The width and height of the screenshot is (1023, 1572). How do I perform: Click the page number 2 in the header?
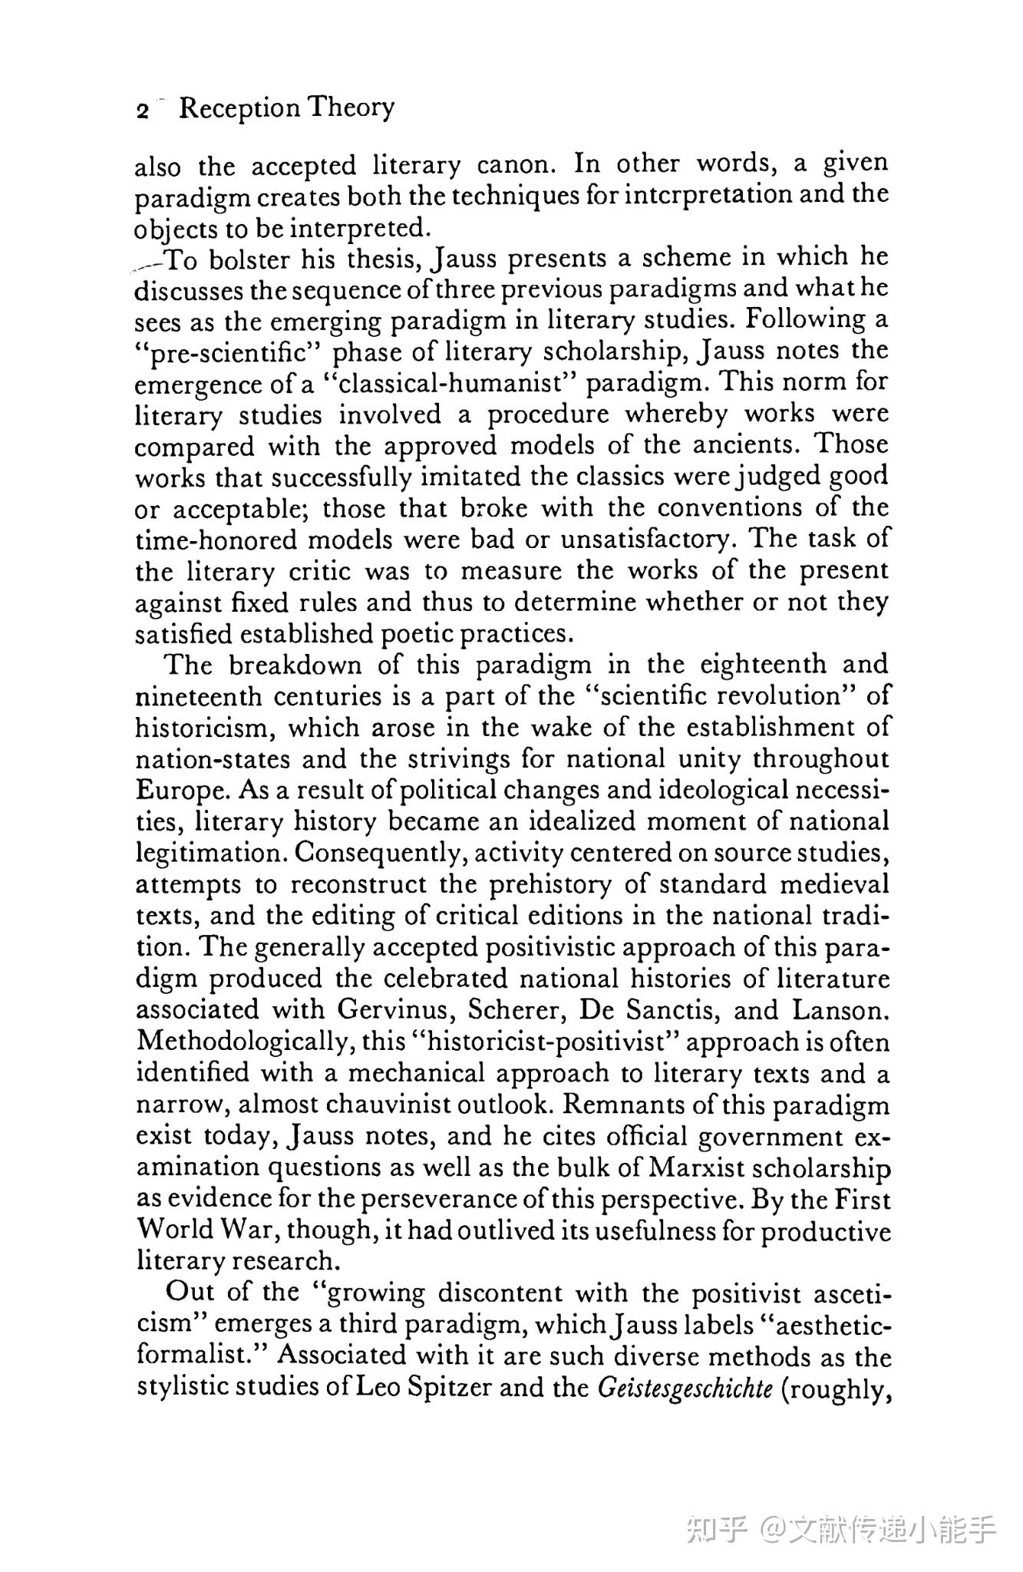(x=142, y=111)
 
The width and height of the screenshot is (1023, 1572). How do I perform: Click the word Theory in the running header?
(x=351, y=107)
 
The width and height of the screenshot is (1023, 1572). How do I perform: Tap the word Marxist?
(x=697, y=1168)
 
